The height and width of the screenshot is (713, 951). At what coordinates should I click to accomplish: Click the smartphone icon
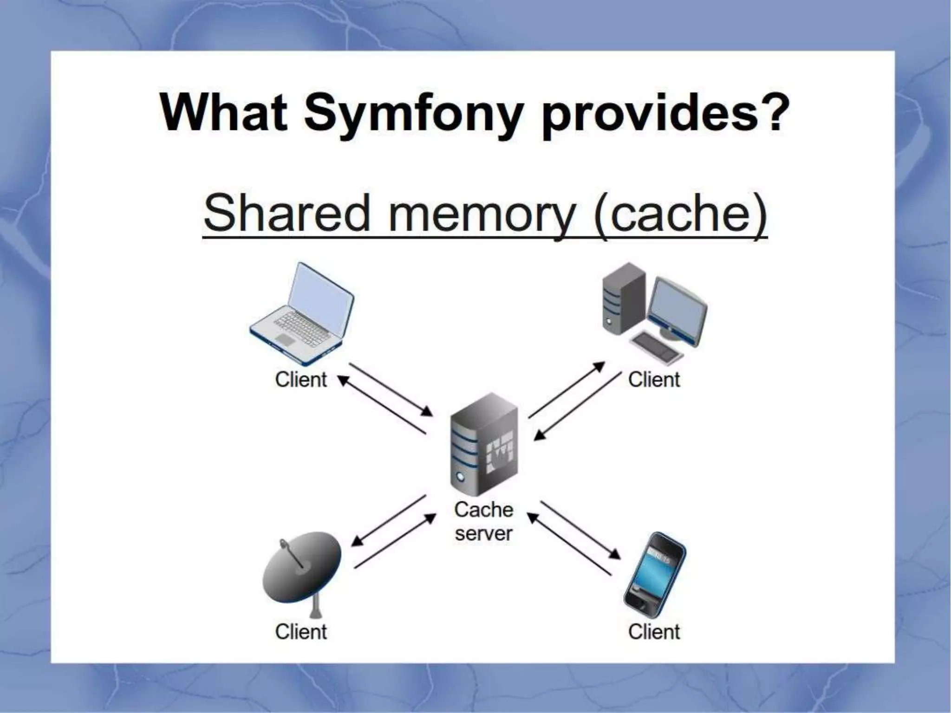[x=655, y=574]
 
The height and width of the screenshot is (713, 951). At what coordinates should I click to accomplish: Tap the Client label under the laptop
[x=301, y=380]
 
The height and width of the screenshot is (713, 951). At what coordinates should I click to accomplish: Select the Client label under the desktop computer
[x=654, y=380]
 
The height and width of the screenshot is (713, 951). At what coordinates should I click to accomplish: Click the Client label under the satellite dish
[x=301, y=632]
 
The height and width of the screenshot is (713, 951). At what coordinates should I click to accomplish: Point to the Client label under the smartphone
[x=654, y=632]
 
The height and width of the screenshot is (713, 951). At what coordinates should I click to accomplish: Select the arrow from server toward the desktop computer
[x=567, y=390]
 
